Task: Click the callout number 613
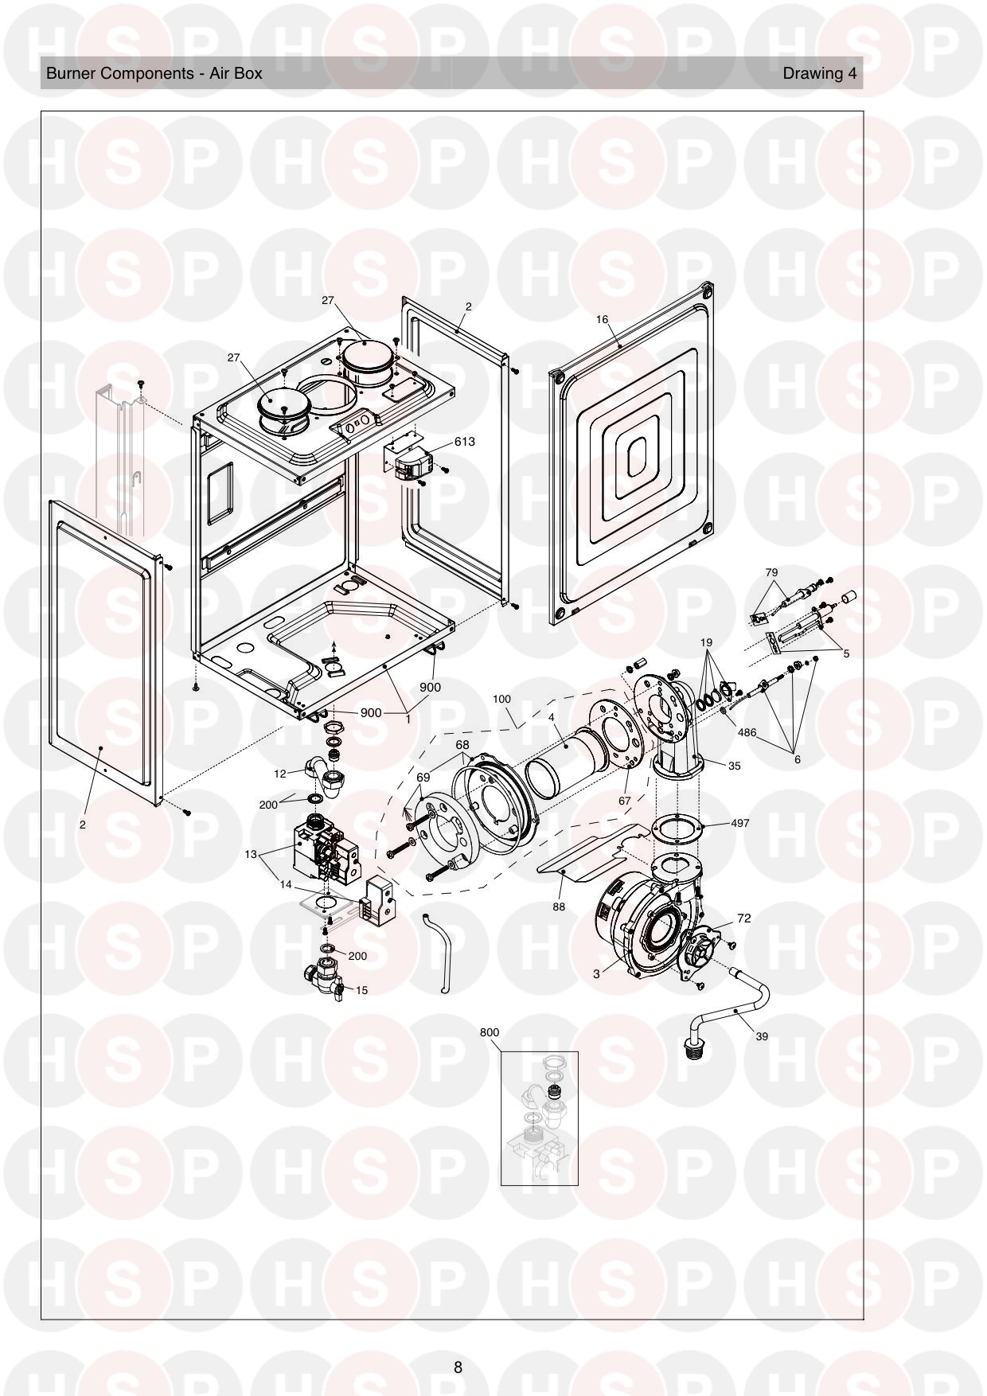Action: coord(464,441)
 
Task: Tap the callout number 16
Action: coord(602,319)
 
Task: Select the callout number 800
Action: coord(490,1032)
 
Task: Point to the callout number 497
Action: coord(739,823)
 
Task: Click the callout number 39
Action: coord(762,1036)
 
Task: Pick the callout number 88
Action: coord(559,906)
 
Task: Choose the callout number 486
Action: coord(747,732)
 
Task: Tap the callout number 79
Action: coord(771,572)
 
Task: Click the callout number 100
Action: coord(501,699)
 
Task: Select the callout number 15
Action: coord(361,990)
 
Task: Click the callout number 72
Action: coord(743,918)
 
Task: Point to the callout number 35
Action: coord(734,766)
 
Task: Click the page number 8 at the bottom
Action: coord(458,1367)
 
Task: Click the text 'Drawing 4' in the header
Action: coord(820,73)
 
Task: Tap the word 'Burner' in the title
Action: coord(70,73)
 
